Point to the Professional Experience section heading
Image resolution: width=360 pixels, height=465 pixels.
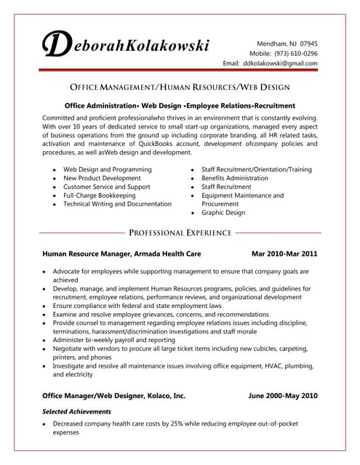pyautogui.click(x=180, y=233)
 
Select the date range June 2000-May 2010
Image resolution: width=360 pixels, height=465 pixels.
pyautogui.click(x=283, y=396)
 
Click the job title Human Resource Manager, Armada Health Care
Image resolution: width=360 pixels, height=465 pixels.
pyautogui.click(x=121, y=254)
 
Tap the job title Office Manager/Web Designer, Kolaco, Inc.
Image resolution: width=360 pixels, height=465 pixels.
pyautogui.click(x=113, y=396)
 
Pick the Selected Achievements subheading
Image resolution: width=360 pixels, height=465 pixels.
pyautogui.click(x=76, y=411)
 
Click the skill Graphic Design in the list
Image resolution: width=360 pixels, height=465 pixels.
pyautogui.click(x=223, y=213)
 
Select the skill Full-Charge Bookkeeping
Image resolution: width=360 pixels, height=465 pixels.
pyautogui.click(x=100, y=195)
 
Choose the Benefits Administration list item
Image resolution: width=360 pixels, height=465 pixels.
pyautogui.click(x=234, y=178)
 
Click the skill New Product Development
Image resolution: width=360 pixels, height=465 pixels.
pyautogui.click(x=102, y=178)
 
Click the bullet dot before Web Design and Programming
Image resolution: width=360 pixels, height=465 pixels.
pyautogui.click(x=53, y=170)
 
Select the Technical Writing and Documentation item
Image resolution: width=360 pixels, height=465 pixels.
pyautogui.click(x=117, y=204)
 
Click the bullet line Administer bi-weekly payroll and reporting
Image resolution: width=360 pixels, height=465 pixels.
pyautogui.click(x=114, y=339)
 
